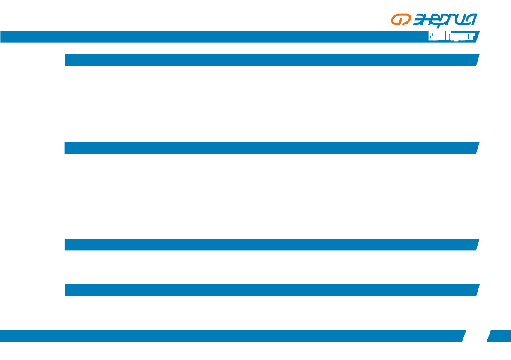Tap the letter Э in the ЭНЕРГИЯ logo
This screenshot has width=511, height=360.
pos(420,20)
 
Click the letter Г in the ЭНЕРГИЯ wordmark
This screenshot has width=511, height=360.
pos(457,20)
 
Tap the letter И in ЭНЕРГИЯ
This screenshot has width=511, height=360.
pos(465,20)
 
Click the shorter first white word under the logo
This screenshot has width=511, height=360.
pos(436,37)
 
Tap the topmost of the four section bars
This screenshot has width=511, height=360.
pos(270,60)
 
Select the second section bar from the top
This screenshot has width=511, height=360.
pos(270,148)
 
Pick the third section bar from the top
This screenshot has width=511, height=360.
pos(270,244)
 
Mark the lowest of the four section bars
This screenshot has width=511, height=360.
pos(270,290)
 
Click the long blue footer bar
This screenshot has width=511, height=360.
pos(232,336)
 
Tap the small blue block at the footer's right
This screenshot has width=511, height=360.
pos(500,336)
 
